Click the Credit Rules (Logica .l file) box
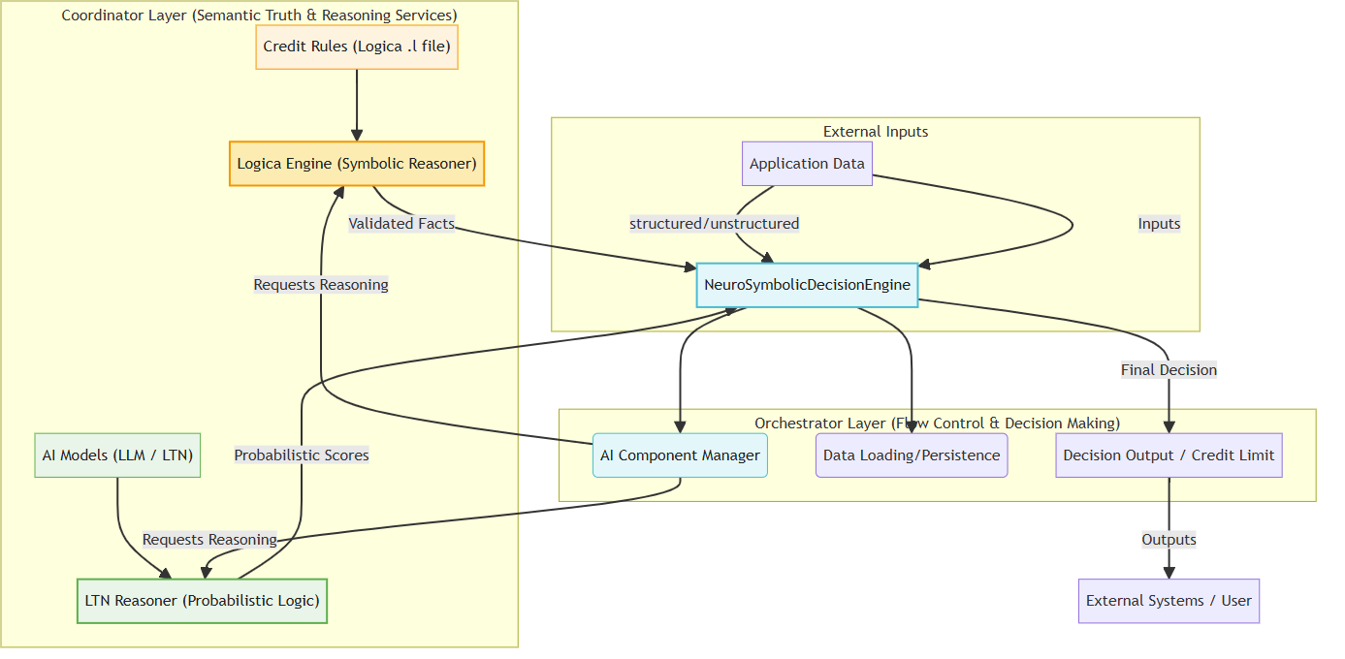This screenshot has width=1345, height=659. [357, 47]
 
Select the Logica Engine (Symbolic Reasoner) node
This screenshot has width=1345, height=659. [357, 164]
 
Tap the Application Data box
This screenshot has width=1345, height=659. [807, 164]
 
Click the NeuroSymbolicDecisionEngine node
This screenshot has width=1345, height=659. [807, 285]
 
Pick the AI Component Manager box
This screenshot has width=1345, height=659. [680, 455]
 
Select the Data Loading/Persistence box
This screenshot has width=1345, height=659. [912, 455]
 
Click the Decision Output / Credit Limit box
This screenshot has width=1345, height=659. [1169, 455]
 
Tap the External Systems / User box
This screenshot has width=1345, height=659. [1169, 601]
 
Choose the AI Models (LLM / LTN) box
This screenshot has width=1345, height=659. [117, 455]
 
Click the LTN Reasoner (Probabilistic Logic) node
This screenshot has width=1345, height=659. [202, 601]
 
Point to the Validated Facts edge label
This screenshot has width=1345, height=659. [401, 224]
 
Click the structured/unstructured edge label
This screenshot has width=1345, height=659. [715, 224]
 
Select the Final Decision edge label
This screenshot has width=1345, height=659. [1169, 370]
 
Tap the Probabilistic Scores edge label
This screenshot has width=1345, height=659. [302, 455]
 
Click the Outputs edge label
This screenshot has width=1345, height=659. [1169, 540]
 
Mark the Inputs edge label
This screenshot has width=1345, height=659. [1159, 224]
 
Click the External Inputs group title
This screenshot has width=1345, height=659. [876, 132]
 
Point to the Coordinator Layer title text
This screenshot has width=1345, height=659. [259, 16]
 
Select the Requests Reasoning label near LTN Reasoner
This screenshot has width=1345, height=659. [209, 540]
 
